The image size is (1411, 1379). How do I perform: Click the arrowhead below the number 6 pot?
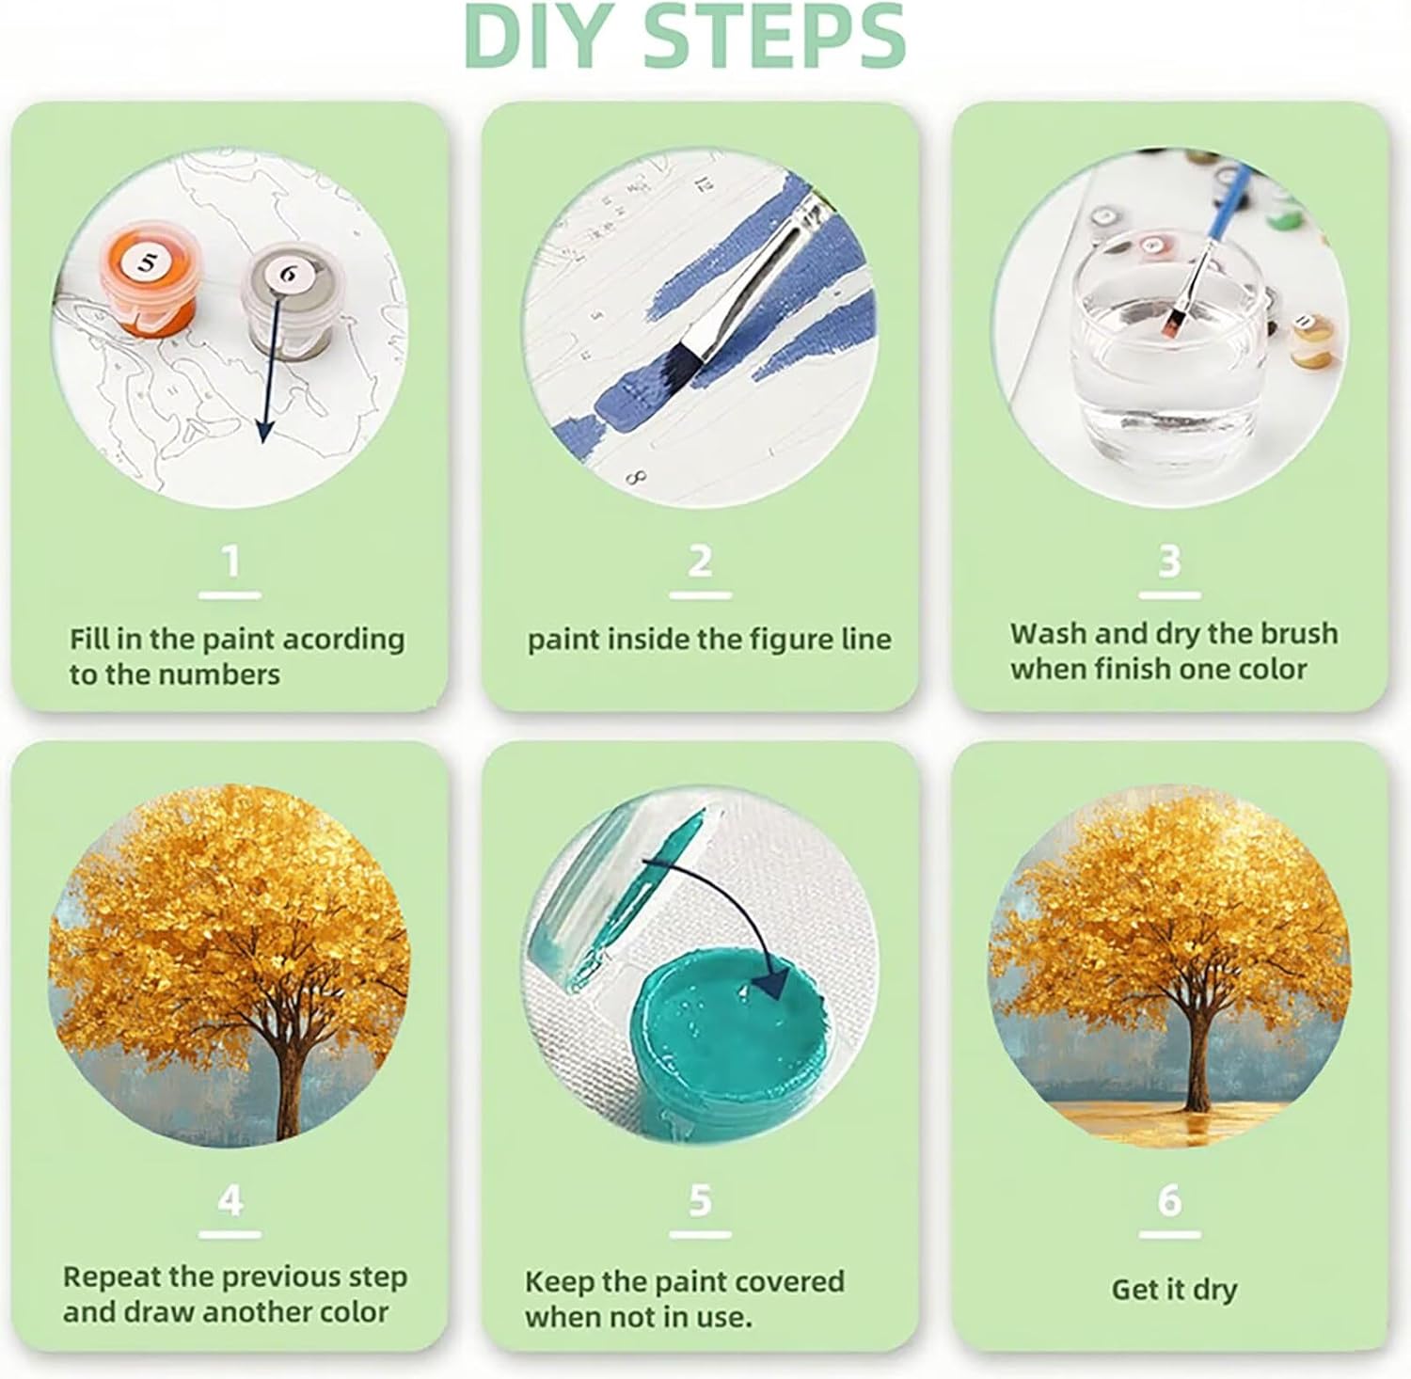(x=264, y=427)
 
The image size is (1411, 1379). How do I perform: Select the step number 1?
(x=230, y=562)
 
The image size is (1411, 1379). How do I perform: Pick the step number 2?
(x=700, y=562)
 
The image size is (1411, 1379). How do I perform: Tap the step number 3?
(x=1169, y=562)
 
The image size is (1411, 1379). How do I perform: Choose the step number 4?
(x=230, y=1200)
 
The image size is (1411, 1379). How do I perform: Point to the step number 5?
(x=700, y=1200)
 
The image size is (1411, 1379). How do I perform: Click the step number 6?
(x=1169, y=1200)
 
